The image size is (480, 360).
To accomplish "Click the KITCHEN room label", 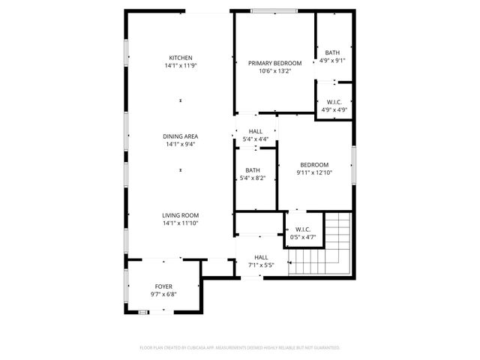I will (180, 58).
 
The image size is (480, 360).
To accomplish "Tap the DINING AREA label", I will (180, 136).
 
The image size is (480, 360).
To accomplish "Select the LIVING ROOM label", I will (180, 215).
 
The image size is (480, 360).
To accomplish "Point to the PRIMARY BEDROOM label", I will (274, 64).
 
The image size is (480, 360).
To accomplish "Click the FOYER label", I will (163, 286).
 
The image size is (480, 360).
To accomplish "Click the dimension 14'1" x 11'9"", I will (180, 66).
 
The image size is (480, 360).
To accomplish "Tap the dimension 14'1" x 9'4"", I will (180, 145).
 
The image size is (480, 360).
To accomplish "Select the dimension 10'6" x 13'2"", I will (274, 72).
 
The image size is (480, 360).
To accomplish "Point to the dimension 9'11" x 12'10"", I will (314, 173).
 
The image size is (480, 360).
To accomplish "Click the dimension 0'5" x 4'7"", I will (303, 238).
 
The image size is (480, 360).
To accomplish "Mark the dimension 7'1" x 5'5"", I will (261, 265).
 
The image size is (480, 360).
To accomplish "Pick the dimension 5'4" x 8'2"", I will (252, 178).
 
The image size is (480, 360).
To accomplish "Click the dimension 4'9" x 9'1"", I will (332, 61).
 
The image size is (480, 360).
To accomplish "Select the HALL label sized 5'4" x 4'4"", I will (256, 131).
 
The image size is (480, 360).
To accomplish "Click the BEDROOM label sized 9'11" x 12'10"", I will (314, 165).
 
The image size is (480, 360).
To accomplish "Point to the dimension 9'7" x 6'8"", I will (163, 295).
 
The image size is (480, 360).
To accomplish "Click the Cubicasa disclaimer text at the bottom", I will (240, 348).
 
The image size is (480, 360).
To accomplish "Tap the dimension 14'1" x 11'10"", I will (180, 223).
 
